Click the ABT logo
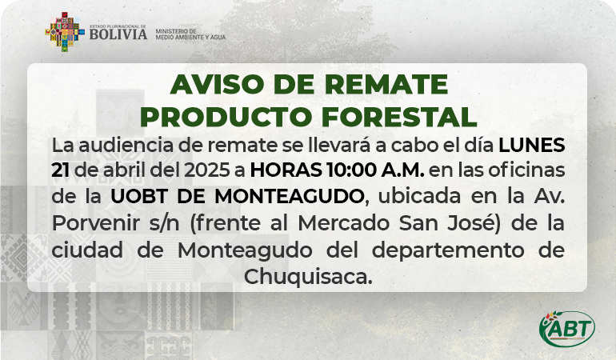coord(567,329)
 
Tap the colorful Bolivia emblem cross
coord(65,32)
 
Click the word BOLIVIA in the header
coord(118,34)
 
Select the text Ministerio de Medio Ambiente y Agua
coord(190,34)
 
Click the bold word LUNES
coord(532,145)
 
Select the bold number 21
coord(61,170)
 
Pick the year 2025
coord(206,170)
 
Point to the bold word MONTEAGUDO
coord(289,197)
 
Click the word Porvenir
coord(96,223)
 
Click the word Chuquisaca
coord(308,277)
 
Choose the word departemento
coord(448,250)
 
